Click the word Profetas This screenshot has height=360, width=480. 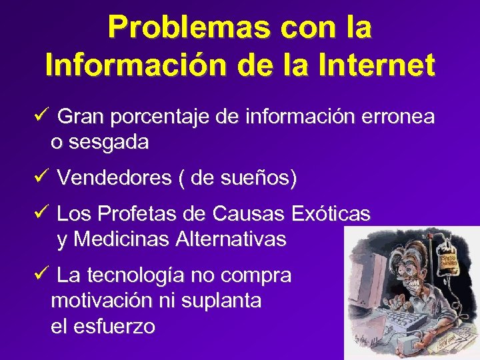(x=147, y=214)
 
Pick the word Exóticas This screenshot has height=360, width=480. (x=331, y=214)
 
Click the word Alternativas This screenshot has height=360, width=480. (x=231, y=239)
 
